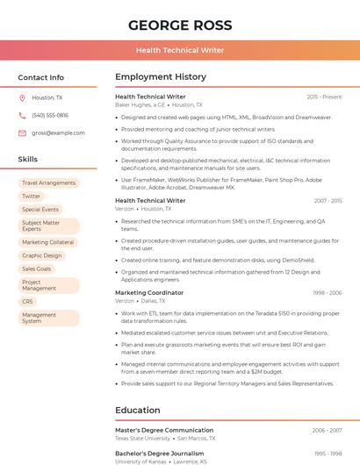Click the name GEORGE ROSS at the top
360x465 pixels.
pos(180,25)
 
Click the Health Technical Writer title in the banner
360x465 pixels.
pos(180,51)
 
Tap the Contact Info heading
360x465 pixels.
pos(41,77)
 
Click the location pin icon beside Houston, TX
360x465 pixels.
pos(22,98)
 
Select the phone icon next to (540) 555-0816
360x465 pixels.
pos(22,116)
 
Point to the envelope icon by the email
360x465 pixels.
pos(22,133)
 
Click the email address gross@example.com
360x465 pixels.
pos(58,133)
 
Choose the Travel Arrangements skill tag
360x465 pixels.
pos(49,183)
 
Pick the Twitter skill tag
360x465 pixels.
pos(32,197)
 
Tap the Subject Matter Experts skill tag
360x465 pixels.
pos(49,226)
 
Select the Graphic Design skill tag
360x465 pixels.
pos(42,255)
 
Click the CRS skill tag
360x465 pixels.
pos(27,301)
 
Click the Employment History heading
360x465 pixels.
pos(161,77)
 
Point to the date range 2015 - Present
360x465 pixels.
pos(324,97)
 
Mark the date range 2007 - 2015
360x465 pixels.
pos(328,201)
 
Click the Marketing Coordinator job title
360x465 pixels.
pos(149,293)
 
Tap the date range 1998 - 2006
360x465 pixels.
pos(328,293)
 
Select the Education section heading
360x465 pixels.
pos(138,410)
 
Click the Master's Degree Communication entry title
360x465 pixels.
pos(164,431)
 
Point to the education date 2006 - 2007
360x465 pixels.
pos(328,431)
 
